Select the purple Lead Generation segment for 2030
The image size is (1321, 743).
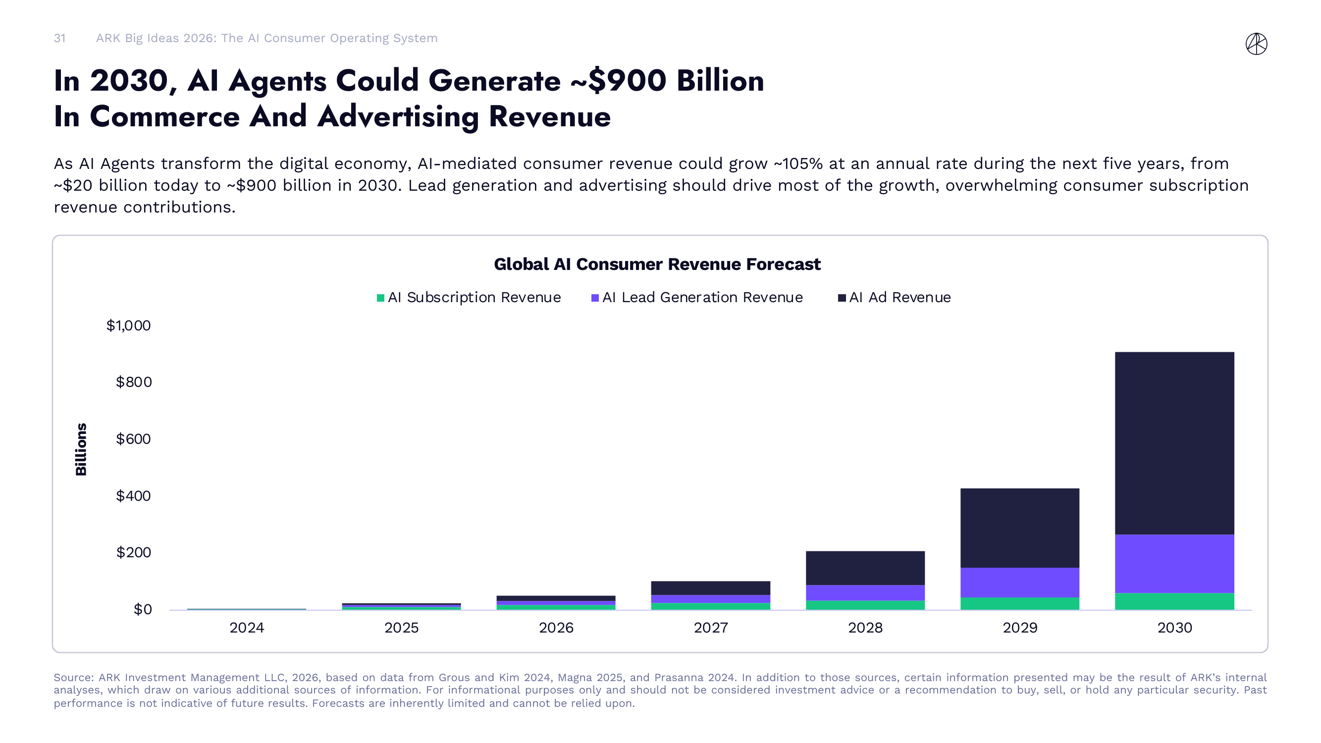point(1174,564)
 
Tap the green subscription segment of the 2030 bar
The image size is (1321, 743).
point(1174,601)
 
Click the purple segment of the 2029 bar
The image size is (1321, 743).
point(1019,582)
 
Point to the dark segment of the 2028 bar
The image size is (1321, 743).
point(865,568)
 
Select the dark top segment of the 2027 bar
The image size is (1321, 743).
point(710,587)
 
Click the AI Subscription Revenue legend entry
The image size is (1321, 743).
point(469,297)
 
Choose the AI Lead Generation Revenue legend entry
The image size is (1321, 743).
point(697,297)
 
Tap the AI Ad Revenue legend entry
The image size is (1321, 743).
point(895,297)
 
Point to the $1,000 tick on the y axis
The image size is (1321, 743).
point(128,325)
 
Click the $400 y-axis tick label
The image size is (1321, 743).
point(133,495)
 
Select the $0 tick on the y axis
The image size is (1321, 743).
point(143,609)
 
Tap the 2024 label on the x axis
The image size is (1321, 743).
point(247,628)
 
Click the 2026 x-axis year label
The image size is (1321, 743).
point(556,628)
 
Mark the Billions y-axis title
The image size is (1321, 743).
point(81,449)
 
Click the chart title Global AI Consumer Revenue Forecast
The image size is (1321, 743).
point(657,264)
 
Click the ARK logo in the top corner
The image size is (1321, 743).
point(1256,44)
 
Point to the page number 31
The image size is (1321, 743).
point(59,39)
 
